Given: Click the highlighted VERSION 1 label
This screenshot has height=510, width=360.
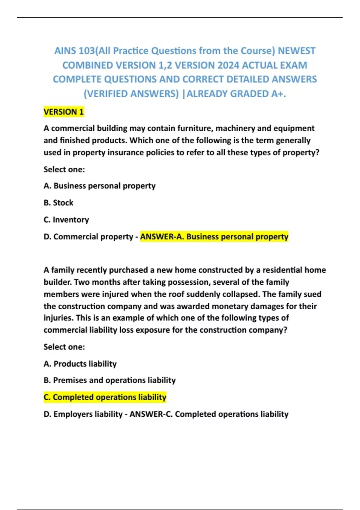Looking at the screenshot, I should tap(64, 112).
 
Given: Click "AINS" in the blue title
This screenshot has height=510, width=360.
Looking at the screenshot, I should tap(65, 51).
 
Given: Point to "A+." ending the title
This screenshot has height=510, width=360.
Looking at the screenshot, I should tap(278, 94).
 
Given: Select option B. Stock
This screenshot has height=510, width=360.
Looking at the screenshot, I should tap(58, 203).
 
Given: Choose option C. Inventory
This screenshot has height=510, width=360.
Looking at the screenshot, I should tap(66, 220).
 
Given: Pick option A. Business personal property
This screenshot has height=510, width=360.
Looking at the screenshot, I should tap(100, 186).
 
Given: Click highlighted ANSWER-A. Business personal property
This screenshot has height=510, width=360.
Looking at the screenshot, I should tap(214, 237).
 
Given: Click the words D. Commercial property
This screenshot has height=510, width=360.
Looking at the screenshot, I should tap(88, 237).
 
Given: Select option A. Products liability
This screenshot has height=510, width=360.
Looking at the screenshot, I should tap(80, 364).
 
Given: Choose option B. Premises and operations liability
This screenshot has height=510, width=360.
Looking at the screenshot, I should tap(109, 380).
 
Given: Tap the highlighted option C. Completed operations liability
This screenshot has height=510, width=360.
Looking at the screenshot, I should tap(105, 397).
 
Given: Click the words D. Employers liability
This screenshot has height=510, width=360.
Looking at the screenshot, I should tap(83, 414).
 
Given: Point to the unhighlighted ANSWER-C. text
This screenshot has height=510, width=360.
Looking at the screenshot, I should tap(209, 414).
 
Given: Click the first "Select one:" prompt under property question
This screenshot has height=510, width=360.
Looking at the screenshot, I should tap(64, 169).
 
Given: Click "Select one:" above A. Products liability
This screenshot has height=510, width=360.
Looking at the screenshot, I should tap(64, 347).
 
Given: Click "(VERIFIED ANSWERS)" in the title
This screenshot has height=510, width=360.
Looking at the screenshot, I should tap(131, 94).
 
